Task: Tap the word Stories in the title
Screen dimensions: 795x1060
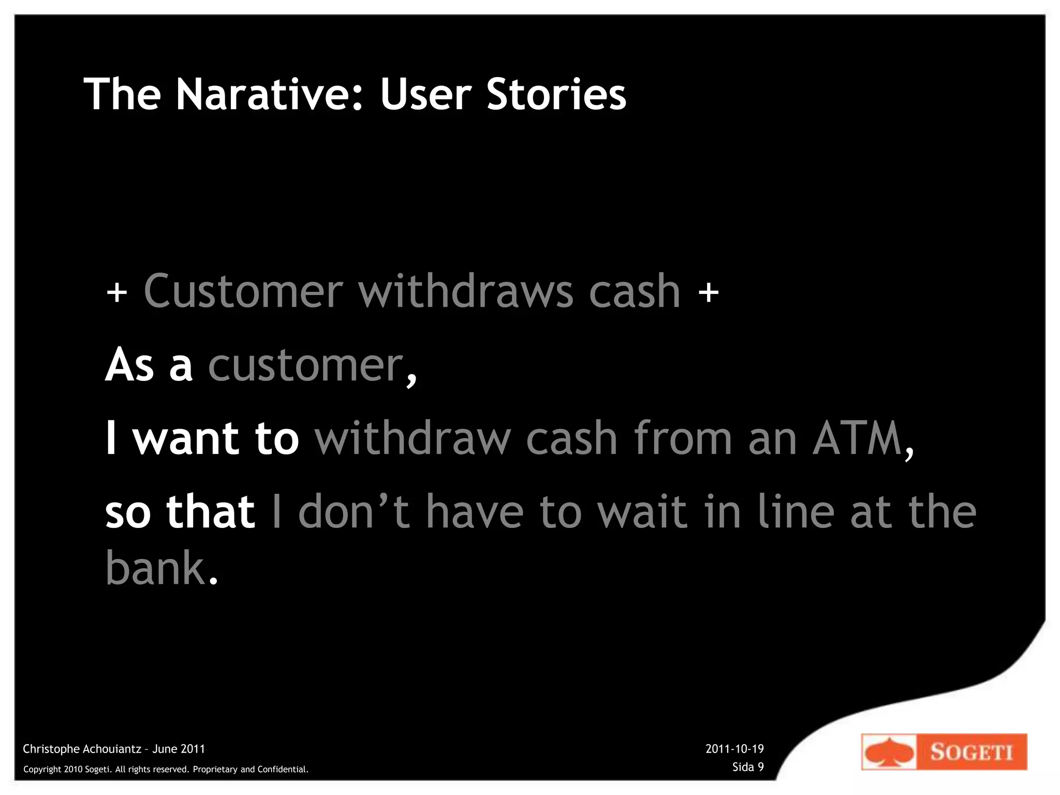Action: click(x=556, y=94)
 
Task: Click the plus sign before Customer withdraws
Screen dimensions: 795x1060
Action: click(x=117, y=292)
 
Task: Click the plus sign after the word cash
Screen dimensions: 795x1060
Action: click(x=708, y=292)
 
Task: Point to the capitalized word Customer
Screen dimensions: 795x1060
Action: click(x=243, y=291)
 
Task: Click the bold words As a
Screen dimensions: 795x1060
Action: click(x=149, y=365)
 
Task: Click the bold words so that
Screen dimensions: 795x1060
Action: click(x=180, y=512)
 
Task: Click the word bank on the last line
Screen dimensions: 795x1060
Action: click(x=155, y=568)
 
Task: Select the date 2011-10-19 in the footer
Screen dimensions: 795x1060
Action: click(x=734, y=749)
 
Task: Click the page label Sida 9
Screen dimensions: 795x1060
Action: click(x=748, y=767)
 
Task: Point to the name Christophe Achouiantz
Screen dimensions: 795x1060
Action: click(x=82, y=749)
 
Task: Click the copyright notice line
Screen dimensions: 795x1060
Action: click(x=166, y=770)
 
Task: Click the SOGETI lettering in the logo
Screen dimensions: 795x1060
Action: click(x=971, y=752)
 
